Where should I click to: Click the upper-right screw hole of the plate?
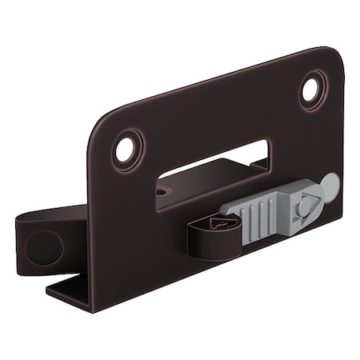(312, 90)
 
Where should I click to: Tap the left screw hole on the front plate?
(125, 150)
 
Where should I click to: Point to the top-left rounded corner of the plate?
(104, 116)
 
